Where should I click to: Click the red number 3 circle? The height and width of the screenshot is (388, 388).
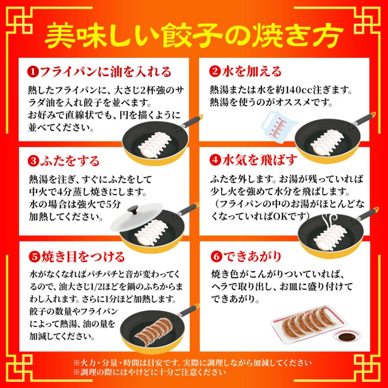(33, 162)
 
